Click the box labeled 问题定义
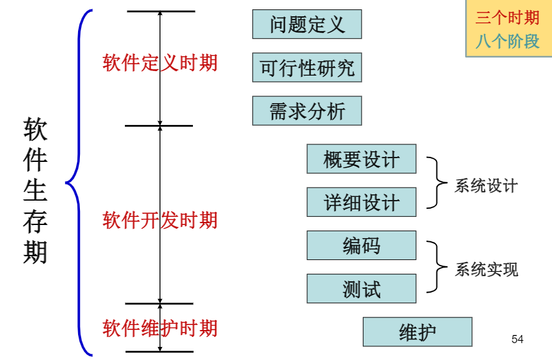[x=307, y=24]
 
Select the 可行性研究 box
[x=307, y=67]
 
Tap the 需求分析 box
[x=307, y=111]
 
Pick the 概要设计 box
[x=361, y=159]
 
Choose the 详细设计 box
[x=361, y=202]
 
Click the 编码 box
[x=361, y=245]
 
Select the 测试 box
[x=361, y=288]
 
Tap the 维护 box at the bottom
[x=417, y=332]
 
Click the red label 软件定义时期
[x=160, y=63]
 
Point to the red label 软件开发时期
[x=160, y=220]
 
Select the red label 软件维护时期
[x=160, y=328]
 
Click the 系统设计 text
[x=486, y=186]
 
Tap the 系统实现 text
[x=486, y=269]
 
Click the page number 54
[x=517, y=339]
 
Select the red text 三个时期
[x=507, y=17]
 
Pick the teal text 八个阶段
[x=507, y=41]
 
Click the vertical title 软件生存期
[x=36, y=190]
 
